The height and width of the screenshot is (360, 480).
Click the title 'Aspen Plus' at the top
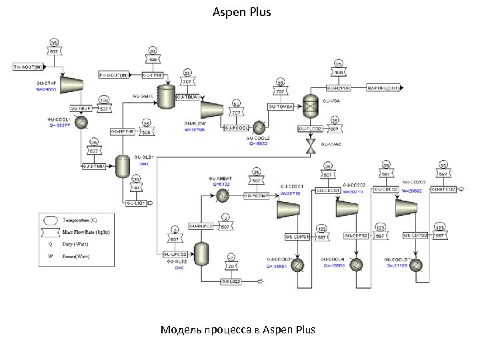click(241, 12)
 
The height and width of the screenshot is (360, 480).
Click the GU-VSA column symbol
click(311, 103)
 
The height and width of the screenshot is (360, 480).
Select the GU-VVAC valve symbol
click(311, 145)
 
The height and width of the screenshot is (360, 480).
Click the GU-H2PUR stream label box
click(338, 87)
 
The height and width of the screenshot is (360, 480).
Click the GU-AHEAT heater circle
click(221, 196)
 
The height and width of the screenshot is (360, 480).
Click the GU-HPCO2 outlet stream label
click(443, 189)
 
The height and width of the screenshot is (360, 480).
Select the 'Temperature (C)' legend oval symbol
click(51, 219)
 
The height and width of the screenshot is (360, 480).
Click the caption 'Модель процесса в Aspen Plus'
click(237, 330)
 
